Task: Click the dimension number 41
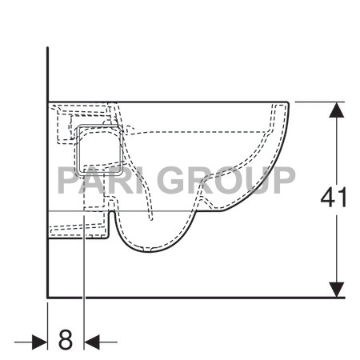[x=334, y=198]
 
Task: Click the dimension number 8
[x=66, y=339]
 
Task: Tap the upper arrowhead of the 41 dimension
[x=337, y=110]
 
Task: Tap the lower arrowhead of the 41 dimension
[x=337, y=290]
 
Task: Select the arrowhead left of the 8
[x=39, y=342]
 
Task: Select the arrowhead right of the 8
[x=92, y=342]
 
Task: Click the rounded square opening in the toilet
[x=99, y=150]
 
